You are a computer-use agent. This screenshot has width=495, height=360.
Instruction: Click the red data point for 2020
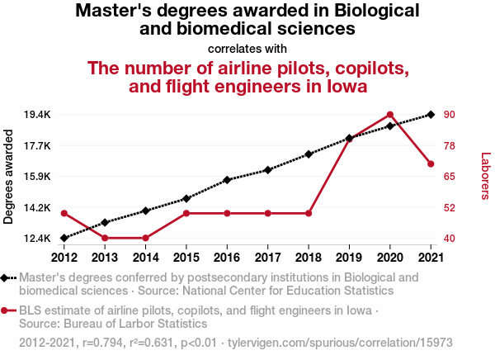point(390,115)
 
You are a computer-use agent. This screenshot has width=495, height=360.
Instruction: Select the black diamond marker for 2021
point(431,115)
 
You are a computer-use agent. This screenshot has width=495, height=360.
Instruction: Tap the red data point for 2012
point(64,213)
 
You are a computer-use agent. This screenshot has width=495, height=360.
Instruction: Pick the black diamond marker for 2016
point(227,179)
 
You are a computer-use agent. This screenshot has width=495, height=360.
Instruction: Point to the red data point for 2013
point(105,238)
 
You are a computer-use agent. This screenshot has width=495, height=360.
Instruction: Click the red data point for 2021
point(431,164)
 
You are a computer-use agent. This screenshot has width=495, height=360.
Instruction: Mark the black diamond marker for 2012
point(64,238)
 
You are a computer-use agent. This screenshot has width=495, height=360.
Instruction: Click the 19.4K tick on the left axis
point(38,114)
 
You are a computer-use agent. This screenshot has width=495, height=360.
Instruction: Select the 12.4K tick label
point(38,239)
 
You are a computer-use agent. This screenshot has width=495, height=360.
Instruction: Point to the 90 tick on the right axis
point(450,114)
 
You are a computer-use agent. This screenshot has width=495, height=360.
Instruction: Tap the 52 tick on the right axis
point(450,207)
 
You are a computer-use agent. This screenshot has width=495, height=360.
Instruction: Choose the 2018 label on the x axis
point(309,257)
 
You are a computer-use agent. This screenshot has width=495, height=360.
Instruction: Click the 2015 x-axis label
point(186,257)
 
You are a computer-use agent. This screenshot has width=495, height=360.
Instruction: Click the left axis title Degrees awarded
point(9,177)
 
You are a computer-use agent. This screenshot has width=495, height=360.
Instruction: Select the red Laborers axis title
point(485,176)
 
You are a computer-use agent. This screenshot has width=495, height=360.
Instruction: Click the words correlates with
point(247,48)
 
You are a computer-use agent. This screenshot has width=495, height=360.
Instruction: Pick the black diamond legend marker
point(7,278)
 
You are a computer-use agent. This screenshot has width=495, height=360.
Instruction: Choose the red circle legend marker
point(7,311)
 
